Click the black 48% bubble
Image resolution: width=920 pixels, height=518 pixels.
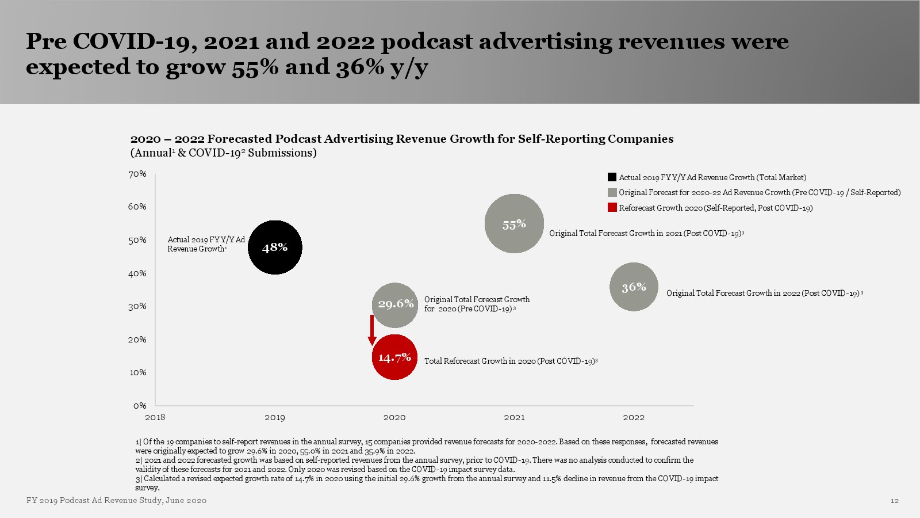[x=275, y=247]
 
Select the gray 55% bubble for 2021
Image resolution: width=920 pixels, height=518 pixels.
[x=514, y=224]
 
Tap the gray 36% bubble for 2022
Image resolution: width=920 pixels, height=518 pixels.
[x=634, y=287]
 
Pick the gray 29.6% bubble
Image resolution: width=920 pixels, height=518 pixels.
[x=395, y=304]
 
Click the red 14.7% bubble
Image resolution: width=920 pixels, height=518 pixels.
[x=394, y=357]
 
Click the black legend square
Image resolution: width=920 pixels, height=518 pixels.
[x=612, y=177]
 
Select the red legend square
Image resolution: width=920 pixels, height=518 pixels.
[x=612, y=208]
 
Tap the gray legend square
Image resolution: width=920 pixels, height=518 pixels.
[x=612, y=192]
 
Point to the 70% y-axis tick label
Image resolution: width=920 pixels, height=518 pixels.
[x=137, y=174]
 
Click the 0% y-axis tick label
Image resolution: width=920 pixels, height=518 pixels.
[x=140, y=406]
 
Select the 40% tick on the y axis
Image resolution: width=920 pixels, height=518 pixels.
[x=137, y=273]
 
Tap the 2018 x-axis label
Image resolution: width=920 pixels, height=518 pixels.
[x=155, y=417]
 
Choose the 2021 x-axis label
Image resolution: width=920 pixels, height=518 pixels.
[x=514, y=417]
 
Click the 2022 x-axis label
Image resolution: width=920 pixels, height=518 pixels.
[x=634, y=417]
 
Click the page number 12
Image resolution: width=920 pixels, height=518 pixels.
[x=894, y=501]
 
